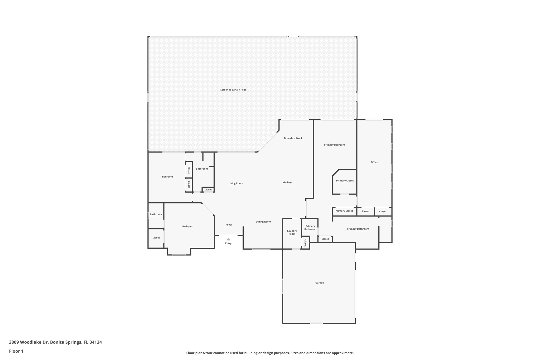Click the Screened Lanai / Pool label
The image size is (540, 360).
233,90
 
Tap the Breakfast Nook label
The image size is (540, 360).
293,138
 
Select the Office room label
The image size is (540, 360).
374,162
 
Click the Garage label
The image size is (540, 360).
319,283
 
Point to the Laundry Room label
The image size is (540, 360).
292,232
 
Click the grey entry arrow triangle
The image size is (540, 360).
228,239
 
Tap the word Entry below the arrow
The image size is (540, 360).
228,243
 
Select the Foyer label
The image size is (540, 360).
229,225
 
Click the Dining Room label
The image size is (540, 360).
263,222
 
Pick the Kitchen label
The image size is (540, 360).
287,183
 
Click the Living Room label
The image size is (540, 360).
235,183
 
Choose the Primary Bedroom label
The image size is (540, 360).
334,145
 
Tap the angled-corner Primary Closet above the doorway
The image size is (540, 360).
345,181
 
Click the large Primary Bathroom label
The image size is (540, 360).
358,229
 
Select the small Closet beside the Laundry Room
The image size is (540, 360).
305,243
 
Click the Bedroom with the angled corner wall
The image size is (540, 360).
187,227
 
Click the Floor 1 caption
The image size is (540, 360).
16,351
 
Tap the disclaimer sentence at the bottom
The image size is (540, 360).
270,353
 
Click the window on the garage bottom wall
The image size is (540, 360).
316,323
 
